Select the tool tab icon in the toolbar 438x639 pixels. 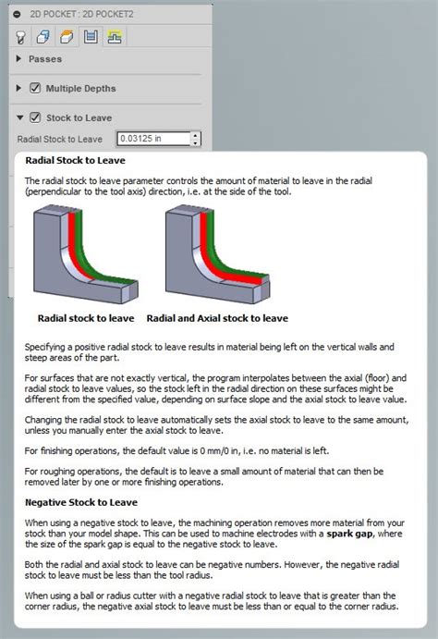(x=20, y=37)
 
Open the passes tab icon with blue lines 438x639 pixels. (x=91, y=37)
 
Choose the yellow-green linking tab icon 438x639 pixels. (x=115, y=37)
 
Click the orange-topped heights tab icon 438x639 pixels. (x=67, y=37)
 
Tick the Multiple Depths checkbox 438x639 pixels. (x=35, y=89)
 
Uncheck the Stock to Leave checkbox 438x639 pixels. (x=35, y=117)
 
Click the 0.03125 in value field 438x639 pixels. (x=152, y=139)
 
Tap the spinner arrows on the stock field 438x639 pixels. (x=195, y=139)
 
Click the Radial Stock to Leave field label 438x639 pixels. (x=59, y=139)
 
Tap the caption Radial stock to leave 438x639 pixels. (x=86, y=317)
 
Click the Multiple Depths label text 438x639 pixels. (x=81, y=89)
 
